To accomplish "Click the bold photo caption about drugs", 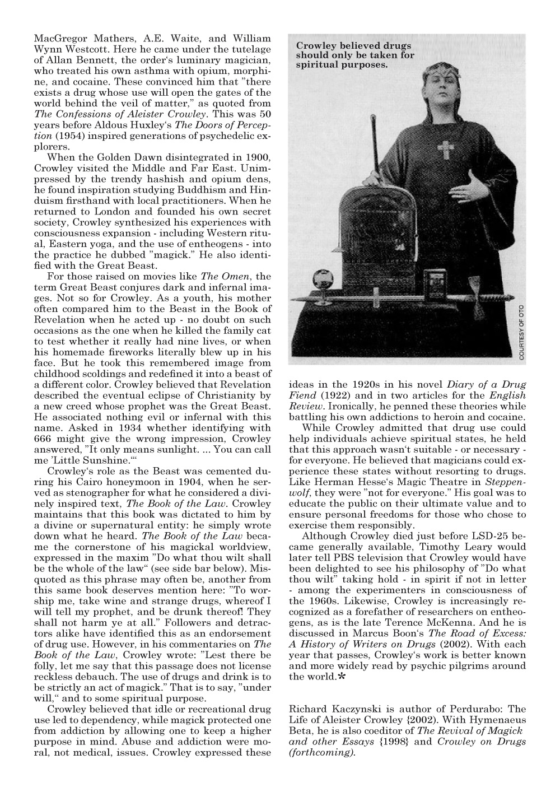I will [x=355, y=55].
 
